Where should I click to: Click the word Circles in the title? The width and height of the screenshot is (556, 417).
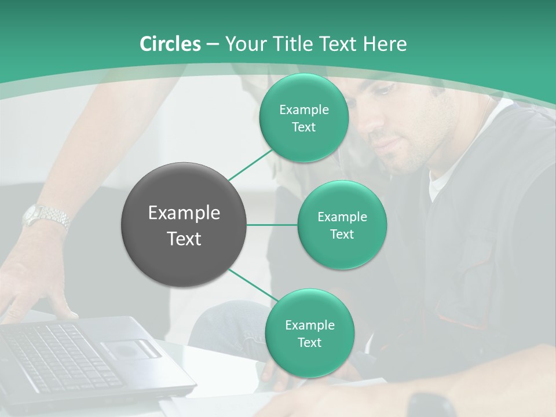(x=170, y=44)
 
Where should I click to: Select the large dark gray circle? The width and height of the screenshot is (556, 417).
(x=184, y=225)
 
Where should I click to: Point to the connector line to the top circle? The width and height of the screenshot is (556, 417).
(x=251, y=164)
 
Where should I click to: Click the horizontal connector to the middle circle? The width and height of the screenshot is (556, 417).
(x=272, y=225)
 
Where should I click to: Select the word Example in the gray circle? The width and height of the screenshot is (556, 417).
(x=184, y=213)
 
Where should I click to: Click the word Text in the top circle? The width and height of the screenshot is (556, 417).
(x=303, y=127)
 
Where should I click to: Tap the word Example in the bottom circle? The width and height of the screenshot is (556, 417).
(x=309, y=325)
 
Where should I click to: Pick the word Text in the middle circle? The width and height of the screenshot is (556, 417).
(x=342, y=235)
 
